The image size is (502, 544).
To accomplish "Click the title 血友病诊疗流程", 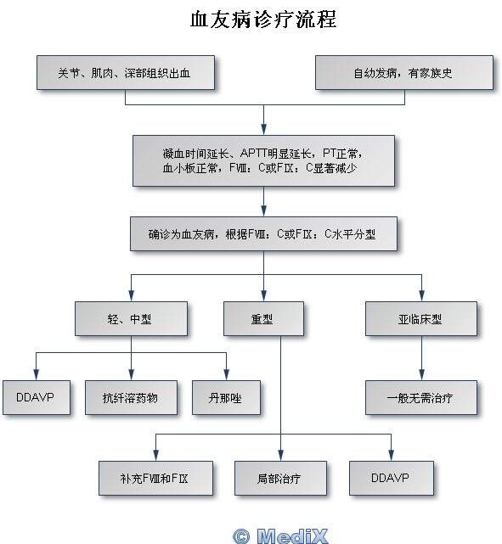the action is [263, 20].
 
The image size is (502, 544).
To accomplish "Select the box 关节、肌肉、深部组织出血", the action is [126, 72].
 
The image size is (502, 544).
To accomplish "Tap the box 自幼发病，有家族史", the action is [404, 72].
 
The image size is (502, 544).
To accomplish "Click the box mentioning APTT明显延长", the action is [263, 160].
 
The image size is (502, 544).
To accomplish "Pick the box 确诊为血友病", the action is [263, 234].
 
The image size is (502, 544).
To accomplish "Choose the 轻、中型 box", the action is [131, 318].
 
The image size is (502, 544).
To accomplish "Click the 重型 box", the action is [263, 318].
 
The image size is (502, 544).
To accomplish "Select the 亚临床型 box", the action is [421, 318].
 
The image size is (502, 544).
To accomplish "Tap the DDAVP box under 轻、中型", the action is [37, 397].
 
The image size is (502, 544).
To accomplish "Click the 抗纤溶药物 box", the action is [131, 397].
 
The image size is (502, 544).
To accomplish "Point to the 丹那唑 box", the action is [226, 397].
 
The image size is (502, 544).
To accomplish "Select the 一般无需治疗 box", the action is [421, 397].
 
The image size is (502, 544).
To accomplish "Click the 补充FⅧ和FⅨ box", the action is [156, 478].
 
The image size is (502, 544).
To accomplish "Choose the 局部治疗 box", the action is [280, 478].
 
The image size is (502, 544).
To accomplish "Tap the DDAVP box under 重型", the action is [392, 478].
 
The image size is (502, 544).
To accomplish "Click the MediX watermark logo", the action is [292, 536].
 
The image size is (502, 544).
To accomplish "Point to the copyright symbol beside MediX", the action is [241, 536].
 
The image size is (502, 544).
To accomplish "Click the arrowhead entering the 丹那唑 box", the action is [226, 375].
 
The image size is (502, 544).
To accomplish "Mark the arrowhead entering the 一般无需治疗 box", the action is [421, 375].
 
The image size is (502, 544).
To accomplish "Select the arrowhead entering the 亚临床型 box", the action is [421, 296].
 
